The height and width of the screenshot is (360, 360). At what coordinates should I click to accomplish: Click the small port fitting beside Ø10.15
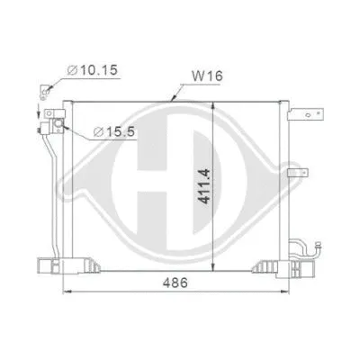tap(42, 90)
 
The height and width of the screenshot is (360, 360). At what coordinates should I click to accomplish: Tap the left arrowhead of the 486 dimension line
tap(64, 294)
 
